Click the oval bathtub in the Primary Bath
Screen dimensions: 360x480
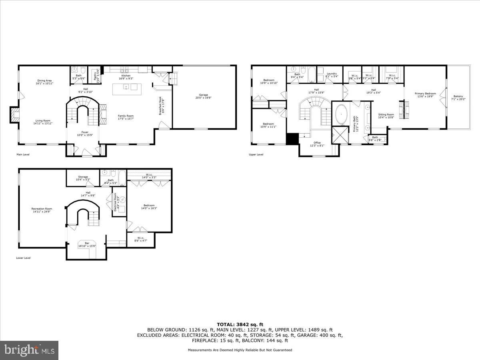(341, 115)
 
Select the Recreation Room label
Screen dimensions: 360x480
(42, 210)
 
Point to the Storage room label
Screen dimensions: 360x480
(83, 178)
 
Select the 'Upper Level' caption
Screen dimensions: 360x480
(256, 155)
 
